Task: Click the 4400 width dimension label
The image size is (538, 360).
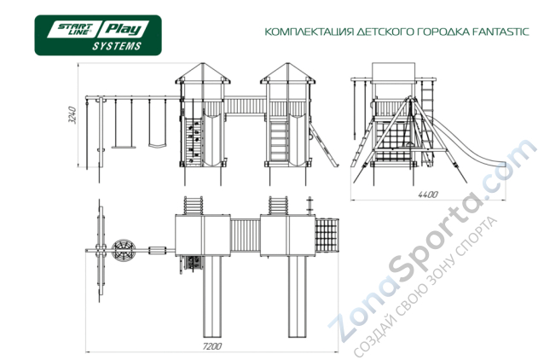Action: tap(428, 195)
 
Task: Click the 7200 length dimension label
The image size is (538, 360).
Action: tap(211, 347)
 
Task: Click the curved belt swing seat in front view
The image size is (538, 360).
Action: tap(156, 146)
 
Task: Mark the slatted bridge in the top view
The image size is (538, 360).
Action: tap(246, 234)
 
